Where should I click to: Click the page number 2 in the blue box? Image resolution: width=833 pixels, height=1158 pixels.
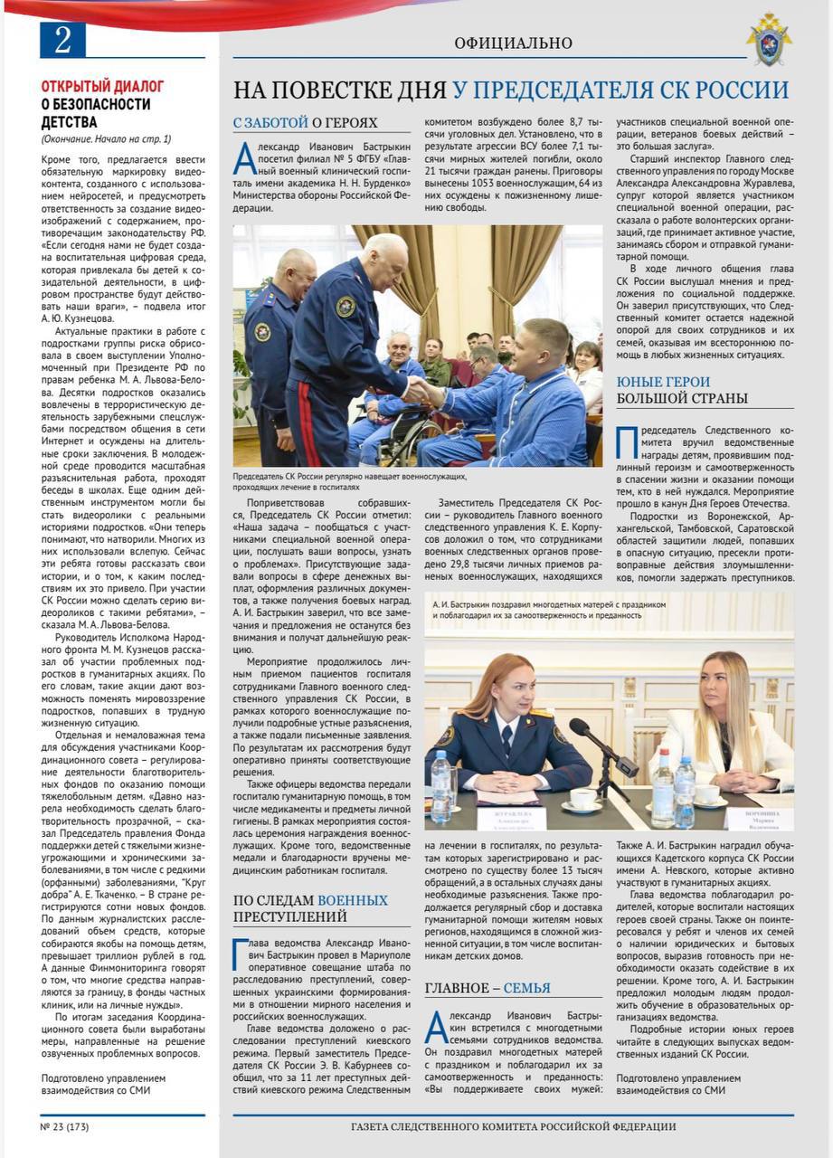(62, 40)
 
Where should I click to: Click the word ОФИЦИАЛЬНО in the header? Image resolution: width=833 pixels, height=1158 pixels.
(513, 43)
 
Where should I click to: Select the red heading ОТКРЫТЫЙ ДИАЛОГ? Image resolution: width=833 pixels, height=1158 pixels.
(102, 86)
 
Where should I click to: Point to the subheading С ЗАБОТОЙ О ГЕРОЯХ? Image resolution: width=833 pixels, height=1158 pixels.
(305, 123)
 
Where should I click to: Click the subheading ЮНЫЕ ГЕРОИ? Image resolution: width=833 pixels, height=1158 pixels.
(663, 382)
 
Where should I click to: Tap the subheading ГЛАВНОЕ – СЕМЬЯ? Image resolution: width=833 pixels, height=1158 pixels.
(487, 988)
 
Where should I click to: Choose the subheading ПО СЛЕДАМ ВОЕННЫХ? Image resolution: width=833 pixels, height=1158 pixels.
(310, 900)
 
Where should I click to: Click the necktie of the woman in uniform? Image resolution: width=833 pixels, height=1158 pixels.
(506, 738)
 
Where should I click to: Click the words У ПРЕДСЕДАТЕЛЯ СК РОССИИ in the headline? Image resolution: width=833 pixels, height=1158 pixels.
(620, 90)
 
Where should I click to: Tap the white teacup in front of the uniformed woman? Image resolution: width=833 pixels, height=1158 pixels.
(582, 799)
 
